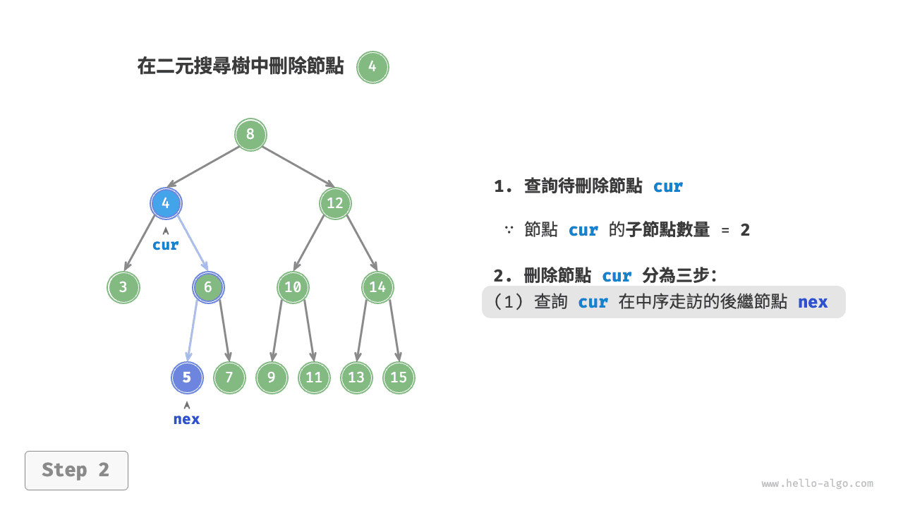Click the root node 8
pos(250,135)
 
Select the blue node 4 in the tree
pos(166,204)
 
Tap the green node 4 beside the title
pos(372,68)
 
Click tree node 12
pos(335,204)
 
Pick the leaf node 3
pos(123,287)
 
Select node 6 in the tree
pos(208,287)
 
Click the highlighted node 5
pos(187,377)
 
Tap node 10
pos(293,287)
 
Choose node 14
pos(377,287)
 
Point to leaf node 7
pos(229,377)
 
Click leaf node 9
pos(272,377)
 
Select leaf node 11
pos(314,377)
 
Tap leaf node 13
pos(356,377)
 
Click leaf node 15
pos(399,377)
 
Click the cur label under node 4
pos(166,246)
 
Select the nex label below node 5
pos(187,419)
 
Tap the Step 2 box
pos(76,471)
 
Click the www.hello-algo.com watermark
pos(817,484)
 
